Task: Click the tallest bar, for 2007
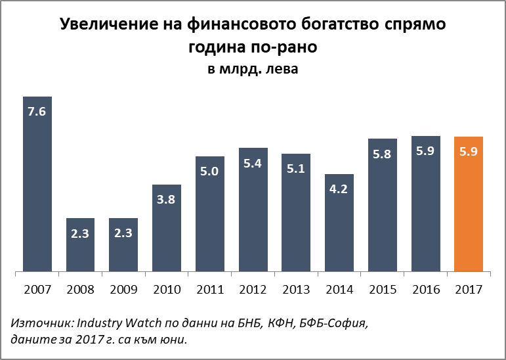(37, 183)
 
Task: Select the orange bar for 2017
(469, 204)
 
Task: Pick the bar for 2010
(167, 227)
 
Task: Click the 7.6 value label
(37, 111)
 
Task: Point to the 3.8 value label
(167, 199)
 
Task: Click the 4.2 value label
(339, 189)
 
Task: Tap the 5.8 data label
(383, 153)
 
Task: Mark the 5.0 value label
(210, 171)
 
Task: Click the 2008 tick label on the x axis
(80, 289)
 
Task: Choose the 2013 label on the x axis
(296, 289)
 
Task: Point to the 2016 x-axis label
(425, 289)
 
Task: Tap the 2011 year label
(210, 289)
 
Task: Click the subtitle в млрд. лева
(253, 69)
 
